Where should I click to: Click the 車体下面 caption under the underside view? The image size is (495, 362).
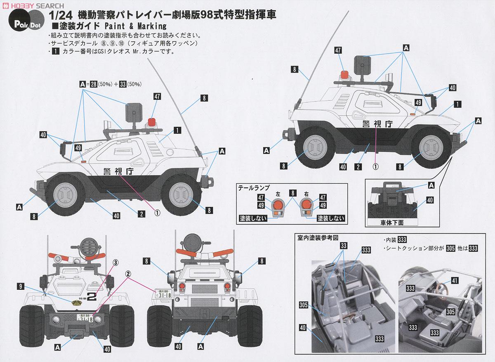coord(392,222)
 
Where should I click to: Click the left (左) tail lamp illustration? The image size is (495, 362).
coord(277,205)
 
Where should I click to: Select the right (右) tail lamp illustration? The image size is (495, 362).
coord(307,205)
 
